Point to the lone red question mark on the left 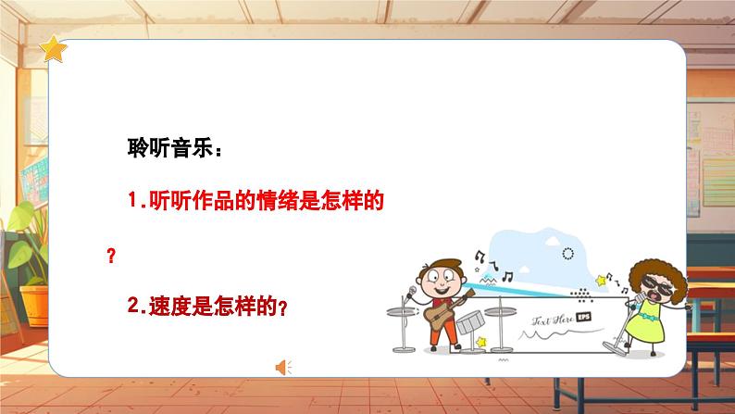coord(111,257)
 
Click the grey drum coord(471,322)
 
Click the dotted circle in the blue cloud coord(567,253)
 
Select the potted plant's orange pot coord(35,301)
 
